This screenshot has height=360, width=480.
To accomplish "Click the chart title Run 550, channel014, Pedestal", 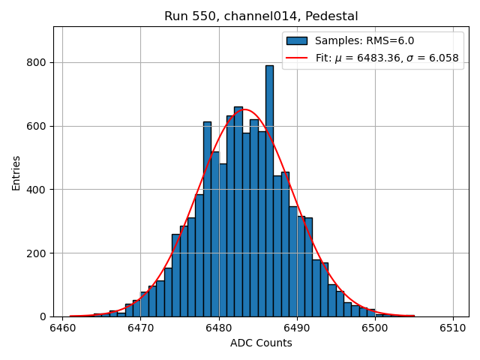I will click(261, 16).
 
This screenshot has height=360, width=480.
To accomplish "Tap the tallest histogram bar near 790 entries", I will click(269, 187).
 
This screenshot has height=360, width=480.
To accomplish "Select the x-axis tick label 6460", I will click(62, 328).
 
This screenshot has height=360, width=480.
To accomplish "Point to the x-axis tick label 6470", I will click(140, 328).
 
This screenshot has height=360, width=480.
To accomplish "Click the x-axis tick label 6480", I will click(218, 328).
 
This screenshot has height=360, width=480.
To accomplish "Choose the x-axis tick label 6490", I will click(297, 328).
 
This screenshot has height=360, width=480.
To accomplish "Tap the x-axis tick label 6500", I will click(375, 328).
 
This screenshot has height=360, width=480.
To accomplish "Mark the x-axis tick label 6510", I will click(453, 328).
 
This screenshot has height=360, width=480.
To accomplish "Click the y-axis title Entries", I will click(16, 172).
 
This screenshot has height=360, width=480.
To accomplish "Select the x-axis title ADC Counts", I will click(261, 343).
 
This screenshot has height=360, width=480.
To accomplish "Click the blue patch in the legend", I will click(297, 41).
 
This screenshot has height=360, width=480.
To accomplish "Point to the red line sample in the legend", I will click(297, 57).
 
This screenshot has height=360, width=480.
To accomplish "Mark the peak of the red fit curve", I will click(245, 109).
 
